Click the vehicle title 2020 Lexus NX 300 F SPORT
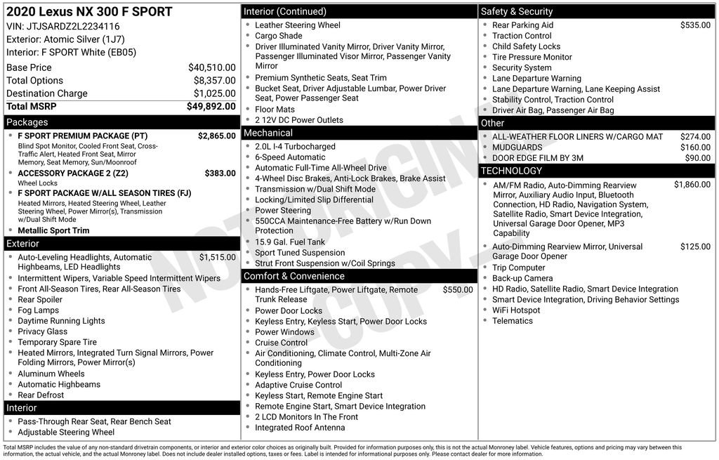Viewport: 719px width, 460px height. coord(89,11)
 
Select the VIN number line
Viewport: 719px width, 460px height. coord(63,26)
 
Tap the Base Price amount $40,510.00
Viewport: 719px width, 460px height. coord(211,67)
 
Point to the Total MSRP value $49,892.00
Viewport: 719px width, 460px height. coord(211,106)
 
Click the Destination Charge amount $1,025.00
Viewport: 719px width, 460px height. coord(214,93)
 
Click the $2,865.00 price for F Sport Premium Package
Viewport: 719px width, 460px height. coord(216,136)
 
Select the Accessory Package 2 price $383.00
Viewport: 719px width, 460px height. coord(220,173)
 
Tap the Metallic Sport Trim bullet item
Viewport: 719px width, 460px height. coord(53,230)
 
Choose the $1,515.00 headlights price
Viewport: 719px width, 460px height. coord(217,257)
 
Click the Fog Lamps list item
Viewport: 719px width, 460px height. coord(38,310)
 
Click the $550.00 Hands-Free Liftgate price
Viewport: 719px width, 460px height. coord(458,289)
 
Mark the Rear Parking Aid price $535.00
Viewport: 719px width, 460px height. coord(695,25)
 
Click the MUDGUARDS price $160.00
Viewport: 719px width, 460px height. coord(695,147)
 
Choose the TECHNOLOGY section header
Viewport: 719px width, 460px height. coord(511,171)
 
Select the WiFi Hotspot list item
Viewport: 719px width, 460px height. coord(516,310)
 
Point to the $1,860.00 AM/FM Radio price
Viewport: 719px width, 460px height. coord(692,185)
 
